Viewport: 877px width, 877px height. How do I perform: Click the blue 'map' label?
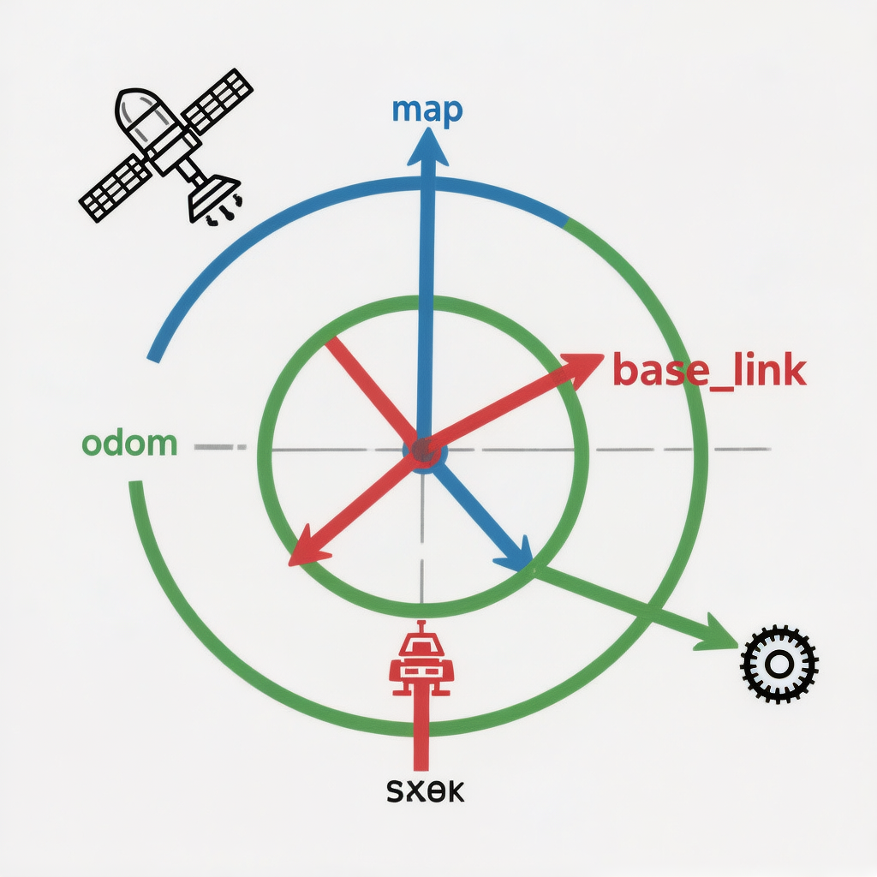point(427,110)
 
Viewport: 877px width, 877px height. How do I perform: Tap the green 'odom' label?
point(129,444)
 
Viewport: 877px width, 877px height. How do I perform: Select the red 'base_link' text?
point(709,371)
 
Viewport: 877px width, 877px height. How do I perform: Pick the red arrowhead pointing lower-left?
point(307,550)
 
